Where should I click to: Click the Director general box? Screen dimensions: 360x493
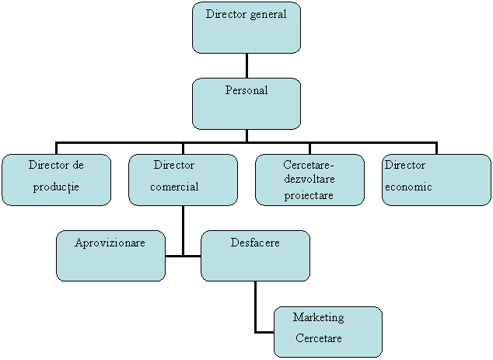click(x=246, y=28)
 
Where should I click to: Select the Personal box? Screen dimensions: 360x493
click(x=246, y=103)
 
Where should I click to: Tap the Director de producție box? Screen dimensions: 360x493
click(x=56, y=180)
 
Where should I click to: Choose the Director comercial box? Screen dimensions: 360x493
click(x=183, y=180)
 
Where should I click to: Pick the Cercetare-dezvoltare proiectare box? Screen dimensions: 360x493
click(x=309, y=180)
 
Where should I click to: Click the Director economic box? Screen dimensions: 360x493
click(x=436, y=180)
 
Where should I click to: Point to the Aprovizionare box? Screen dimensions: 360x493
click(x=110, y=255)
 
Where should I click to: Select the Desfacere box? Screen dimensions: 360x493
click(x=255, y=255)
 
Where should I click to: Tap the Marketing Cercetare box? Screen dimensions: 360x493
click(x=327, y=331)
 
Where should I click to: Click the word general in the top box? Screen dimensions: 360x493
click(x=264, y=15)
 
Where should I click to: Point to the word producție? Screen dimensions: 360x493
click(x=56, y=187)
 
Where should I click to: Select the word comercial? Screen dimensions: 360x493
click(x=174, y=187)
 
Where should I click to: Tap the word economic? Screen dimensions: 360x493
click(x=408, y=187)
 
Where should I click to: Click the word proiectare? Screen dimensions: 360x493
click(x=309, y=195)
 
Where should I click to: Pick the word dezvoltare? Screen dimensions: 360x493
click(x=309, y=180)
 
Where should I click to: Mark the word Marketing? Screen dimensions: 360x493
click(x=318, y=318)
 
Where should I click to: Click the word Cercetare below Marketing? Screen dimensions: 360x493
click(x=318, y=339)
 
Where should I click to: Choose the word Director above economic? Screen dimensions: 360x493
click(x=405, y=166)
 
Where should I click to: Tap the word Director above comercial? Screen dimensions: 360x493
click(x=174, y=166)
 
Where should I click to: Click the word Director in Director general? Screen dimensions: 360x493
click(x=224, y=15)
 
